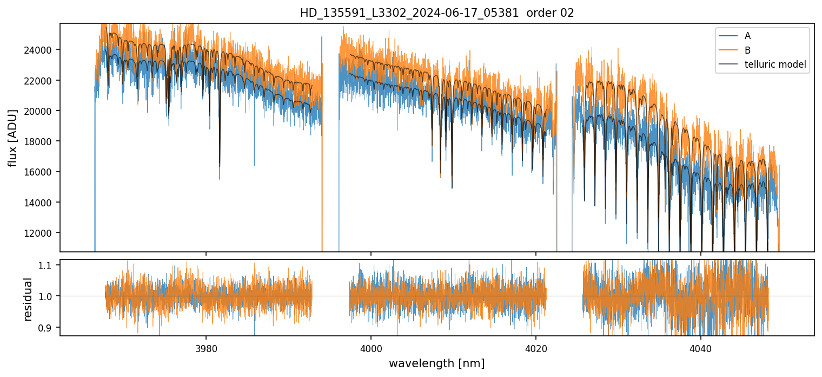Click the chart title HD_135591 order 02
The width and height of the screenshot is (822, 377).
pyautogui.click(x=437, y=13)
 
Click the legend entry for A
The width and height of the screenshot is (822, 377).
pyautogui.click(x=747, y=36)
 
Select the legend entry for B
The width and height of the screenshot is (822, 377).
pyautogui.click(x=747, y=50)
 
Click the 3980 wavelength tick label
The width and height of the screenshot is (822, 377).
pyautogui.click(x=206, y=347)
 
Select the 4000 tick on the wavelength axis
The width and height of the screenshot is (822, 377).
pyautogui.click(x=371, y=347)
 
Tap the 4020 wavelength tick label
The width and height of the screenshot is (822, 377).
pyautogui.click(x=536, y=347)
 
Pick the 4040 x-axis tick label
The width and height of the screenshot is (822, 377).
pyautogui.click(x=701, y=347)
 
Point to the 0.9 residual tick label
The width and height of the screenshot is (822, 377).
pyautogui.click(x=49, y=328)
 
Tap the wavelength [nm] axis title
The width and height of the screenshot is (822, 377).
pyautogui.click(x=436, y=363)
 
